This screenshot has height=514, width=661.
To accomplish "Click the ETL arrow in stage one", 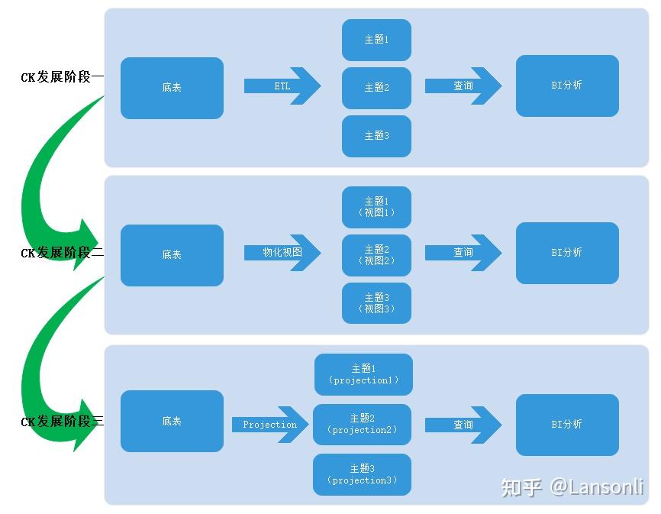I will point(282,86).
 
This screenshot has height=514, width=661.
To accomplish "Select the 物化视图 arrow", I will point(282,252).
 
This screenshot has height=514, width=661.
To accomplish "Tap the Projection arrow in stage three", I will point(269,425).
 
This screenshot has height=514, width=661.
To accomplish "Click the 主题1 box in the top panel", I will point(376,40).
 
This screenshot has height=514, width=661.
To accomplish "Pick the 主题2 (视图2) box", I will point(376,255).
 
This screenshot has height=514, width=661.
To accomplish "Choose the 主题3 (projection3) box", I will point(362,474).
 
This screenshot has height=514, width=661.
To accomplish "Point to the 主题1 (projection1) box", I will point(363,374).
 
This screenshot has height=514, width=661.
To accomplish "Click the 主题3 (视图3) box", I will point(376,303).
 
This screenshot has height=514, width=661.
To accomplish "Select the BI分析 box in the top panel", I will point(567,86).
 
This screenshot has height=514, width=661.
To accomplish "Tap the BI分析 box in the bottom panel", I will point(567,425).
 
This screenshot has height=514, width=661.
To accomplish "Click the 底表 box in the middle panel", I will point(172,255).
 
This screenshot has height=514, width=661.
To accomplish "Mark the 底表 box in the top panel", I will point(172,88).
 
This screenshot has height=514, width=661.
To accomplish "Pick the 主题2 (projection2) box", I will point(362,425).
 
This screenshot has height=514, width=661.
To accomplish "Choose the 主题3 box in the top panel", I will point(376,136).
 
